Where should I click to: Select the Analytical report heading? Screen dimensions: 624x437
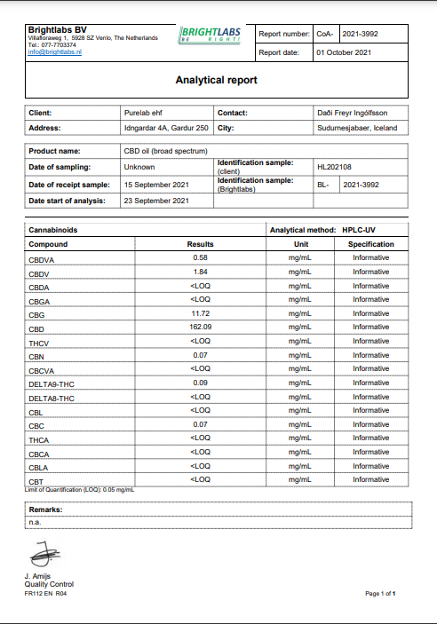pyautogui.click(x=217, y=80)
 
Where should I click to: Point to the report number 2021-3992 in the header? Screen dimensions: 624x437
pyautogui.click(x=359, y=34)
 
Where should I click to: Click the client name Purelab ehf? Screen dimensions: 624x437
pyautogui.click(x=144, y=113)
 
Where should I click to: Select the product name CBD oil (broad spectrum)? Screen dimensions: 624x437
pyautogui.click(x=159, y=151)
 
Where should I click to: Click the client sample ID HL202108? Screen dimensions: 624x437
pyautogui.click(x=335, y=166)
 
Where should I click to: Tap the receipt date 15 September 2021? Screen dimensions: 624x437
pyautogui.click(x=156, y=185)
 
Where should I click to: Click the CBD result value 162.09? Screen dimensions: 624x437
pyautogui.click(x=200, y=328)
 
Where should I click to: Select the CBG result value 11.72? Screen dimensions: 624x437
pyautogui.click(x=200, y=314)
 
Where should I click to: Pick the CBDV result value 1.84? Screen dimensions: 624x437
pyautogui.click(x=200, y=272)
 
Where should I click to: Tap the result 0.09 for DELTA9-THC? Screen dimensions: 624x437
pyautogui.click(x=200, y=383)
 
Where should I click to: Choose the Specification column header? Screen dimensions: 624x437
pyautogui.click(x=370, y=244)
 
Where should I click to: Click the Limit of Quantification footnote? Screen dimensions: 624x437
pyautogui.click(x=81, y=489)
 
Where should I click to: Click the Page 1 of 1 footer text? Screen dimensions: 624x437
pyautogui.click(x=380, y=592)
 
